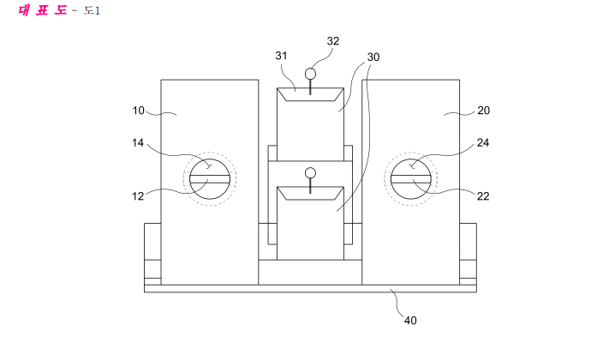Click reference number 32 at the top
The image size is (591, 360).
click(333, 41)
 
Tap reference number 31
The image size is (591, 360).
click(281, 56)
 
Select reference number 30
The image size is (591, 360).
click(373, 57)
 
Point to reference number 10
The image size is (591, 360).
click(138, 111)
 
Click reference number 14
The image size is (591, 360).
click(138, 142)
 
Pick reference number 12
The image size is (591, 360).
click(138, 196)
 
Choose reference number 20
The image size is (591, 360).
click(484, 111)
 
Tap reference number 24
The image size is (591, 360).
click(483, 142)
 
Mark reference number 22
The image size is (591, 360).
click(483, 196)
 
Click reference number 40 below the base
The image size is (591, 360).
click(410, 321)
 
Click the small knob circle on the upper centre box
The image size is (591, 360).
click(310, 74)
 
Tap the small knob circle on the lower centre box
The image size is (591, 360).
click(310, 173)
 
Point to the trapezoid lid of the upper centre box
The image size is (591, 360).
click(310, 94)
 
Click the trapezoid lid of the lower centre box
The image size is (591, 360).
click(310, 193)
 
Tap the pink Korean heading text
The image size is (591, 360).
click(43, 10)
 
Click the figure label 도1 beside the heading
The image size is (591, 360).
click(92, 10)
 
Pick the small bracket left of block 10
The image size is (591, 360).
click(152, 254)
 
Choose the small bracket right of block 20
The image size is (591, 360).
click(469, 254)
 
